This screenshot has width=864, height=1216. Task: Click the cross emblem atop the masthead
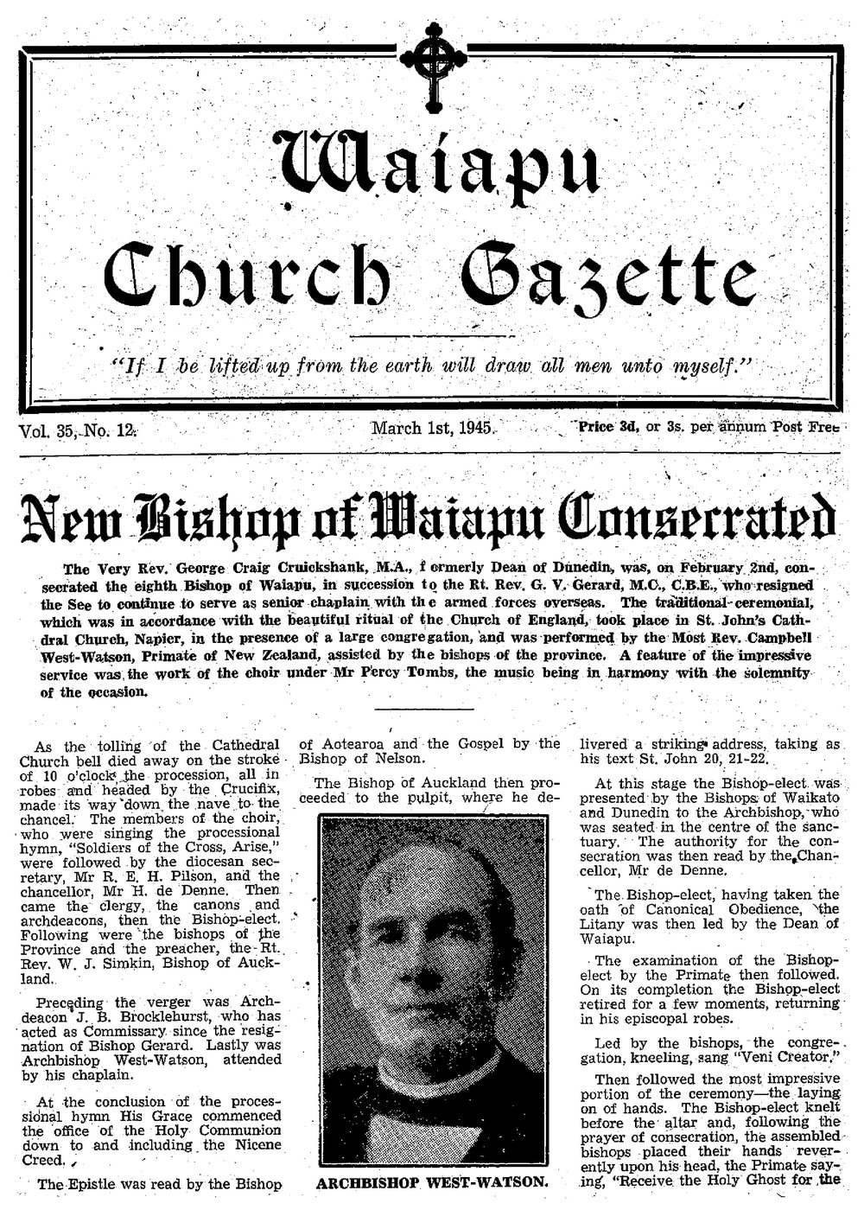click(429, 58)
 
